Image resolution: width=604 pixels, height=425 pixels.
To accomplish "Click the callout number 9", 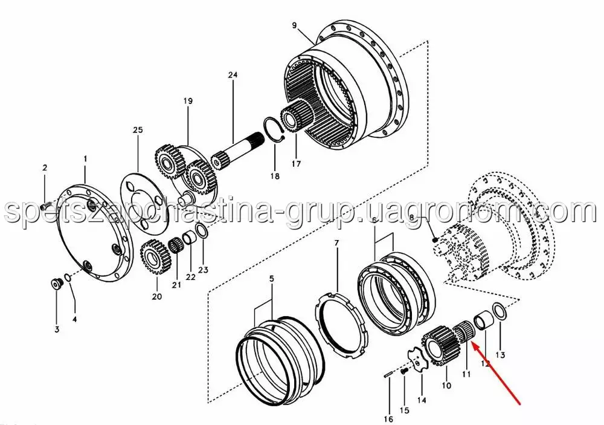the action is coord(294,25).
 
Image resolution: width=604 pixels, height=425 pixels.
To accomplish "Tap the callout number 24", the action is coord(233,75).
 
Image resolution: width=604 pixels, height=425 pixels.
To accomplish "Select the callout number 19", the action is coord(188,101).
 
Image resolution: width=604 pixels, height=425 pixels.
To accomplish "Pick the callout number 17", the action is coord(296,164).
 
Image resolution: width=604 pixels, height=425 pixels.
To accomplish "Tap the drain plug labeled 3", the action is coord(57,284).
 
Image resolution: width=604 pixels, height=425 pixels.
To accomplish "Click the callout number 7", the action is coord(336,244).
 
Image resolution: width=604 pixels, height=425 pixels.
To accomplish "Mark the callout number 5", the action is coord(271,279).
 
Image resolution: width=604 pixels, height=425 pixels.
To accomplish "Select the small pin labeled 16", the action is coord(388,374).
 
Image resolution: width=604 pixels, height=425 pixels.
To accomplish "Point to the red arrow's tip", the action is coord(474,345).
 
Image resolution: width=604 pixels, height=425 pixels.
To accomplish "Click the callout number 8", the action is coord(411,218).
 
